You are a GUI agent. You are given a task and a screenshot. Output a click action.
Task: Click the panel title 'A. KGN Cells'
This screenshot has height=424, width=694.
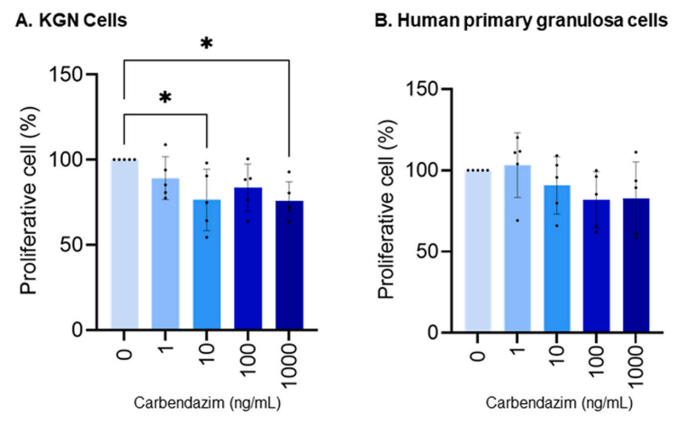coord(71,21)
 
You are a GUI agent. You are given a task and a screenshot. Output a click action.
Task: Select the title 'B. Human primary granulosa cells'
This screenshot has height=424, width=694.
coord(521,21)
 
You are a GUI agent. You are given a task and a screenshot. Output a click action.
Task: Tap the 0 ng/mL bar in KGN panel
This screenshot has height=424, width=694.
coord(124,244)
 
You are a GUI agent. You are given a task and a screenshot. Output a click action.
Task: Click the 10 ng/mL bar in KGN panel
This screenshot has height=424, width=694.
coord(207,265)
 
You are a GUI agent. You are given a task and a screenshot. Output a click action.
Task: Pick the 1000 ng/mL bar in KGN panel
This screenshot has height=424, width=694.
coord(289,265)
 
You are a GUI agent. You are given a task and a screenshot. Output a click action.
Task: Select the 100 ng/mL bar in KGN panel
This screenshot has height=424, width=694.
coord(248,258)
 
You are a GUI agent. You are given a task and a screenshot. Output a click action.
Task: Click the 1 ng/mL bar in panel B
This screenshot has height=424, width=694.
coord(517,248)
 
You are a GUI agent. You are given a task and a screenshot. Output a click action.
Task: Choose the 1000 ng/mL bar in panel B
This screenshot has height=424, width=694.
coord(635,265)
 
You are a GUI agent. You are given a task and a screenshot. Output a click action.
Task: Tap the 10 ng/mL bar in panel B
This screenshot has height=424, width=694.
coord(557,258)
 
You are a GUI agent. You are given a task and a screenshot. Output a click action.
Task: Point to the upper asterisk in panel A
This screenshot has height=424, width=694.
coord(206,44)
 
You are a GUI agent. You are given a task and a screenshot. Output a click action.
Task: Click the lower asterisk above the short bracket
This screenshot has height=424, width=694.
coord(165,98)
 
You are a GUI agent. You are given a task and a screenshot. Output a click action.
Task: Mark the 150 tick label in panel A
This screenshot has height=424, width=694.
coord(67,75)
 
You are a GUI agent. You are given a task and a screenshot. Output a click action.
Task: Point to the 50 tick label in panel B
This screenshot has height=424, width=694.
coord(428,251)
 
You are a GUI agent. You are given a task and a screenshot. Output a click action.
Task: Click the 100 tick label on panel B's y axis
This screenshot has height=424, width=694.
coord(421,170)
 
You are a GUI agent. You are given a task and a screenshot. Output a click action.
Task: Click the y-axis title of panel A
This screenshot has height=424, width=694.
coord(29,201)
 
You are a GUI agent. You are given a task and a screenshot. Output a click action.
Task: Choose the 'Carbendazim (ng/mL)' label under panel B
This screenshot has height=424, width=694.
coord(559,402)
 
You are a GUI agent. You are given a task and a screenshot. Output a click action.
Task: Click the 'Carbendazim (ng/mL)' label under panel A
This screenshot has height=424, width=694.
coord(207,402)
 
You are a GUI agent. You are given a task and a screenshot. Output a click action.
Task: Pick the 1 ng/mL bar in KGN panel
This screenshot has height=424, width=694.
coord(166,254)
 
